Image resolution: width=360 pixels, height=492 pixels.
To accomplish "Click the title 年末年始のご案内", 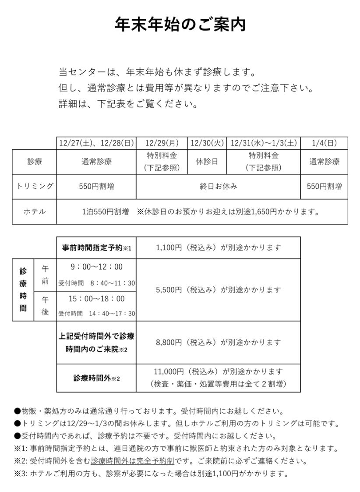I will coord(180,25).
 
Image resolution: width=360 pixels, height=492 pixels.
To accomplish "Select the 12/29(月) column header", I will coord(162,143).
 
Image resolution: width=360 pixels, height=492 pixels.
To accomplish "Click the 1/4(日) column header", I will coord(324,143).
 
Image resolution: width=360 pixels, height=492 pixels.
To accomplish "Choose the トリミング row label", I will coord(35,186).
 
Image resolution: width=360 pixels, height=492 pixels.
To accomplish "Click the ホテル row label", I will coord(35,212).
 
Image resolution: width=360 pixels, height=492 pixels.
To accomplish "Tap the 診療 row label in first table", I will coord(35,162).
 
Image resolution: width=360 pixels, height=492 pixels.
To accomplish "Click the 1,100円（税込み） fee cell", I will coord(218,248).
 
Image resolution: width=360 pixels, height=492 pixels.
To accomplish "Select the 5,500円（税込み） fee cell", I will coord(218,290).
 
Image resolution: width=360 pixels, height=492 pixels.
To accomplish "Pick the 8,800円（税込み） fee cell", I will coord(218,342).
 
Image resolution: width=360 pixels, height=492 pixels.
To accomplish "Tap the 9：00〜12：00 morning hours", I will coord(96,267).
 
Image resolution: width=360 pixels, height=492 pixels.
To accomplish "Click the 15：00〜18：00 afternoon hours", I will coord(96,299).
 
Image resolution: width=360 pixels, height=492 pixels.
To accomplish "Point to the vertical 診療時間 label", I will coord(23,290).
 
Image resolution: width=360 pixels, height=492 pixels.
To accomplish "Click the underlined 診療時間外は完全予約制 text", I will coord(132,461).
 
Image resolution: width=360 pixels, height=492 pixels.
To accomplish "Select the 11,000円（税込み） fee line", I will coord(218,372).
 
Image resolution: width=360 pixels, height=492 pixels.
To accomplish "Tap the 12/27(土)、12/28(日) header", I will coord(96,143).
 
